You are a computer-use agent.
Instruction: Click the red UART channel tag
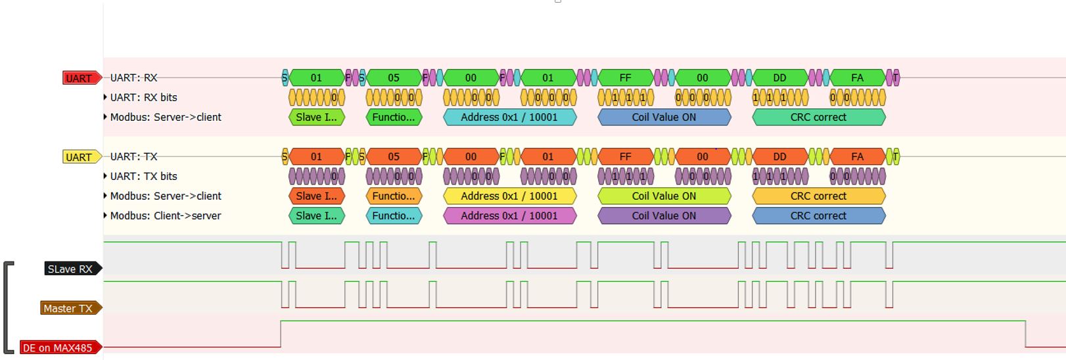(x=80, y=78)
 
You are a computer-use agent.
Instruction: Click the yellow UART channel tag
(x=80, y=157)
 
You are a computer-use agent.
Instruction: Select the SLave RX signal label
(x=71, y=269)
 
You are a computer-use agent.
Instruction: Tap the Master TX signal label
(x=69, y=308)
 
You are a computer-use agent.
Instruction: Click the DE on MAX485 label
(x=58, y=348)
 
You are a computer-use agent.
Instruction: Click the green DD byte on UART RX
(x=779, y=78)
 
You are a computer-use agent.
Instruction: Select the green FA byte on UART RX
(x=857, y=78)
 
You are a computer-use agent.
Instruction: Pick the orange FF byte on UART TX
(x=625, y=156)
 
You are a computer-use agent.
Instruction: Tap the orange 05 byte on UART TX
(x=394, y=156)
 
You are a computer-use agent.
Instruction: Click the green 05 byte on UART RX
(x=394, y=78)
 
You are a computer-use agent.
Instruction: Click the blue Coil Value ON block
(x=664, y=117)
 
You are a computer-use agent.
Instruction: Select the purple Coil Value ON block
(x=664, y=215)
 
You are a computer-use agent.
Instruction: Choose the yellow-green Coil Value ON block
(x=664, y=196)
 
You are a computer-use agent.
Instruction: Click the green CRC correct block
(x=818, y=117)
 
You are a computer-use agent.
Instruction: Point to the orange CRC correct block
(x=818, y=196)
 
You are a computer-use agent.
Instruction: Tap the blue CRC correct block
(x=818, y=215)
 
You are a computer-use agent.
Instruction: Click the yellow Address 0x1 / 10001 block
(x=509, y=196)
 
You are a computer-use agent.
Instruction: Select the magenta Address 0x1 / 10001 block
(x=509, y=215)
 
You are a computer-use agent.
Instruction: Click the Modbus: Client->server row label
(x=165, y=215)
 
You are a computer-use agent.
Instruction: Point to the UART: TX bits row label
(x=143, y=176)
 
